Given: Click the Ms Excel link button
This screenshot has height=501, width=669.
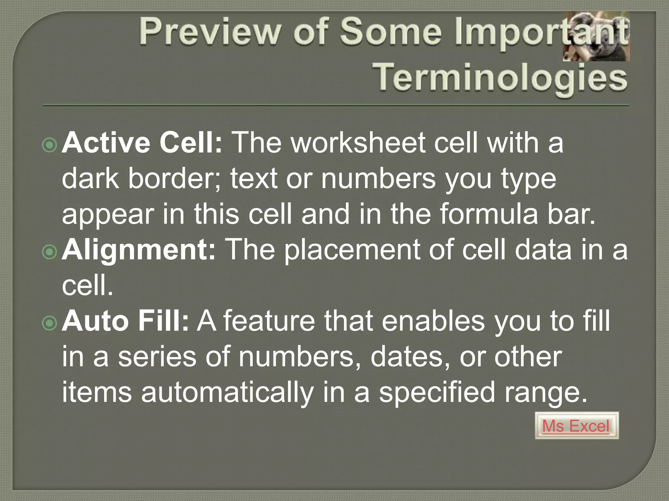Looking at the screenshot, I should [x=577, y=426].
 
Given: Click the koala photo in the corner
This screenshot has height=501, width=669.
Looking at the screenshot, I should [x=596, y=37].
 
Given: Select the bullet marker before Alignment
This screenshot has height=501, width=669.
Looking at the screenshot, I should [x=50, y=251].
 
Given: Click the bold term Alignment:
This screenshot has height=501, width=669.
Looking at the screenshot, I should [x=139, y=250].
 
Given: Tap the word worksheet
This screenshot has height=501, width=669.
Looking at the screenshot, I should [x=358, y=143].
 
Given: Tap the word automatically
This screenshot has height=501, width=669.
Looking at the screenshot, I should [x=227, y=393].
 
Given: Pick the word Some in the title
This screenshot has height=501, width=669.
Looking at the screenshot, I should [x=391, y=32].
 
